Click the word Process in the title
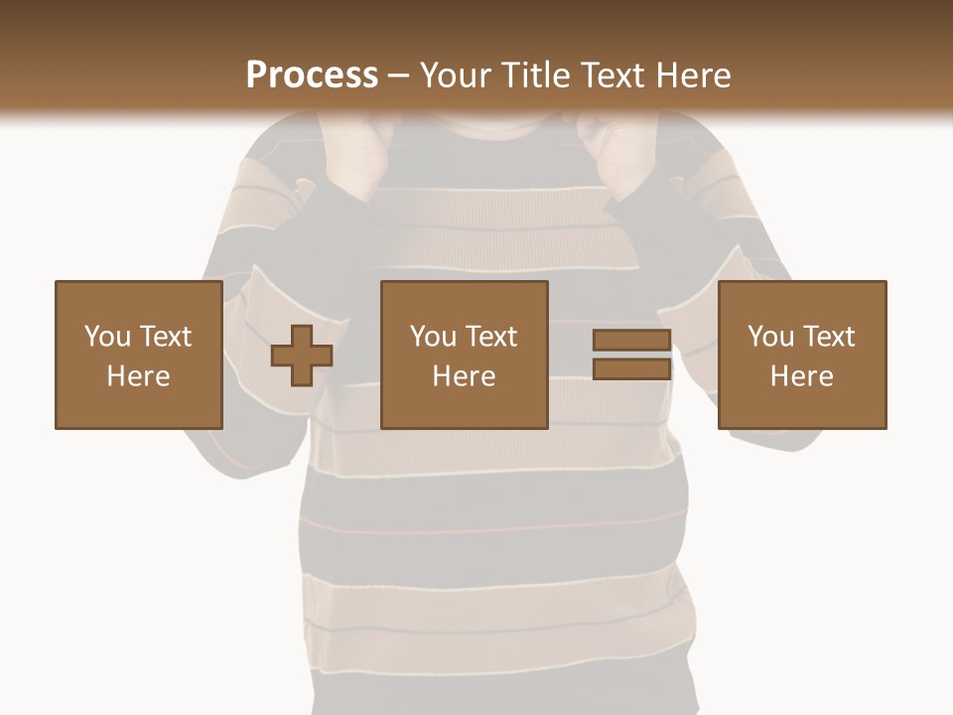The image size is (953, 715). pos(312,75)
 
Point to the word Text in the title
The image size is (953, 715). pos(610,75)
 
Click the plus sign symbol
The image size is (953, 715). pos(302,355)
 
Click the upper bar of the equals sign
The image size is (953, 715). pos(631,340)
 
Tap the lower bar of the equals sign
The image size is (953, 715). pos(631,368)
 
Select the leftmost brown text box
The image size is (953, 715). pos(139,355)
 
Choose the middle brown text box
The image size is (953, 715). pos(465,355)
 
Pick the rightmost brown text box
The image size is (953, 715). pos(802,355)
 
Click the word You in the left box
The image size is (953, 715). pos(107,337)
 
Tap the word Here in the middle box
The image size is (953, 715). pos(465,376)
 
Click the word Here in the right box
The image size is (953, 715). pos(802,376)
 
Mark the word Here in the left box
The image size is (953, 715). pos(139,376)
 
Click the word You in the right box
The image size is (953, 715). pos(771,337)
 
